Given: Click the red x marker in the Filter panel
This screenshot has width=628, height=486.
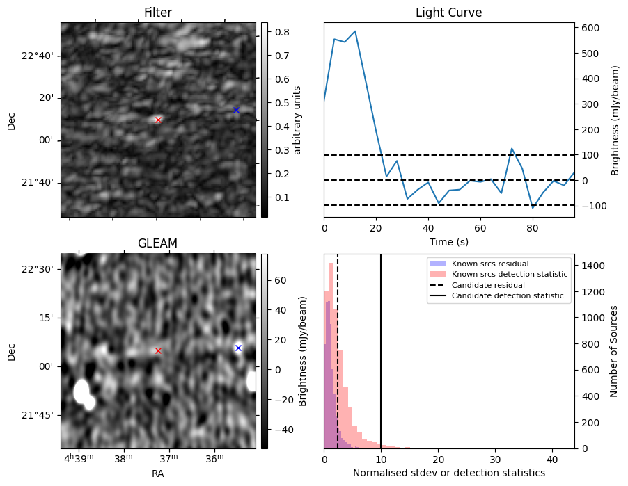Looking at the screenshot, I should coord(158,120).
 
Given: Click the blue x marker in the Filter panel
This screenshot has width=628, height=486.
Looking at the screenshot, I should coord(236,110).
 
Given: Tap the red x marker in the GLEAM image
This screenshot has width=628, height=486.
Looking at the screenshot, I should coord(158,350).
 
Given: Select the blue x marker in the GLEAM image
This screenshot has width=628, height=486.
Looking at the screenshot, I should coord(238,348).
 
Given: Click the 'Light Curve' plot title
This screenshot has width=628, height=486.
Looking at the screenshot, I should coord(448,13).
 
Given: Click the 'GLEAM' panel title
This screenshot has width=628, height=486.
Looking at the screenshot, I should coord(157,243).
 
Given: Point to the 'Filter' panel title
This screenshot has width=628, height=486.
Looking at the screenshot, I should coord(157,13).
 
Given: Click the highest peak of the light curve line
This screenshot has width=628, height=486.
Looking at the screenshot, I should coord(355,31).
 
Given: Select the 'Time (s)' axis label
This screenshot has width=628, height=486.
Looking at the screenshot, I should coord(448,241).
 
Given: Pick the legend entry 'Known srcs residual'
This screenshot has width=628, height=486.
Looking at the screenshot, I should coord(490,264).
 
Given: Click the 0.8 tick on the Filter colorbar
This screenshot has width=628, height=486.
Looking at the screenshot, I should coord(283,32).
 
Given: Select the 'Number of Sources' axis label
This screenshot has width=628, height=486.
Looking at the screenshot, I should coord(614,351).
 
